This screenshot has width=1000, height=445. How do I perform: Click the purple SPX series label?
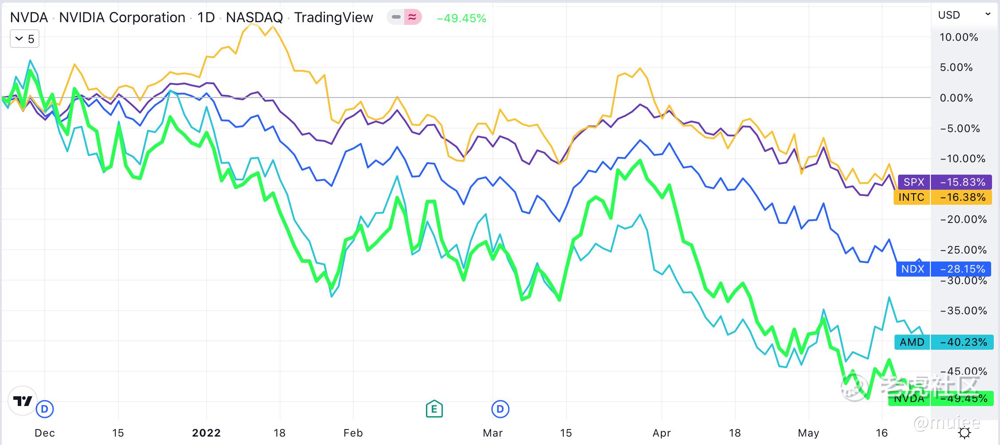(x=914, y=182)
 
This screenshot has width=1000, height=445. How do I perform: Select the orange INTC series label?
(x=911, y=197)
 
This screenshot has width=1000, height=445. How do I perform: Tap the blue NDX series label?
(x=913, y=269)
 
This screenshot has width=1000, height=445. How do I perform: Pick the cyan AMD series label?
(x=912, y=342)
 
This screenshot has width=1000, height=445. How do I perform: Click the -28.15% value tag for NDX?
(x=961, y=269)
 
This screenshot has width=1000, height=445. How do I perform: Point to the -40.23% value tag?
(x=961, y=342)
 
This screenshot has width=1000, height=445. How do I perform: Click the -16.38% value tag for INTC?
(x=961, y=197)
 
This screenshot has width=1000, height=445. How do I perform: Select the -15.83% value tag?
(x=961, y=182)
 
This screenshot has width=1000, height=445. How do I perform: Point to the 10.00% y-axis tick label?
(x=959, y=37)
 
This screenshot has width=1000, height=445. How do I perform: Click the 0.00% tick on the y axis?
(x=956, y=98)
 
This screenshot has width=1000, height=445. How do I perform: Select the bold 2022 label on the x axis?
(x=206, y=433)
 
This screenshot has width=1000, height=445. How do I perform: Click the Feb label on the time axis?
(x=353, y=433)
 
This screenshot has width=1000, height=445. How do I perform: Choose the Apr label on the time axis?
(x=661, y=433)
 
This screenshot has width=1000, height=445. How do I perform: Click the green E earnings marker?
(x=434, y=409)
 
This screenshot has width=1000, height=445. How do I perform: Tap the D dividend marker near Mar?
(x=500, y=409)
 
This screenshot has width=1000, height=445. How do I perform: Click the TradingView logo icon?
(x=22, y=401)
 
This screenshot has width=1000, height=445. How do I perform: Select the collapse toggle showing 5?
(x=25, y=39)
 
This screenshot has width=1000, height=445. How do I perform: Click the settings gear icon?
(x=965, y=433)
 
